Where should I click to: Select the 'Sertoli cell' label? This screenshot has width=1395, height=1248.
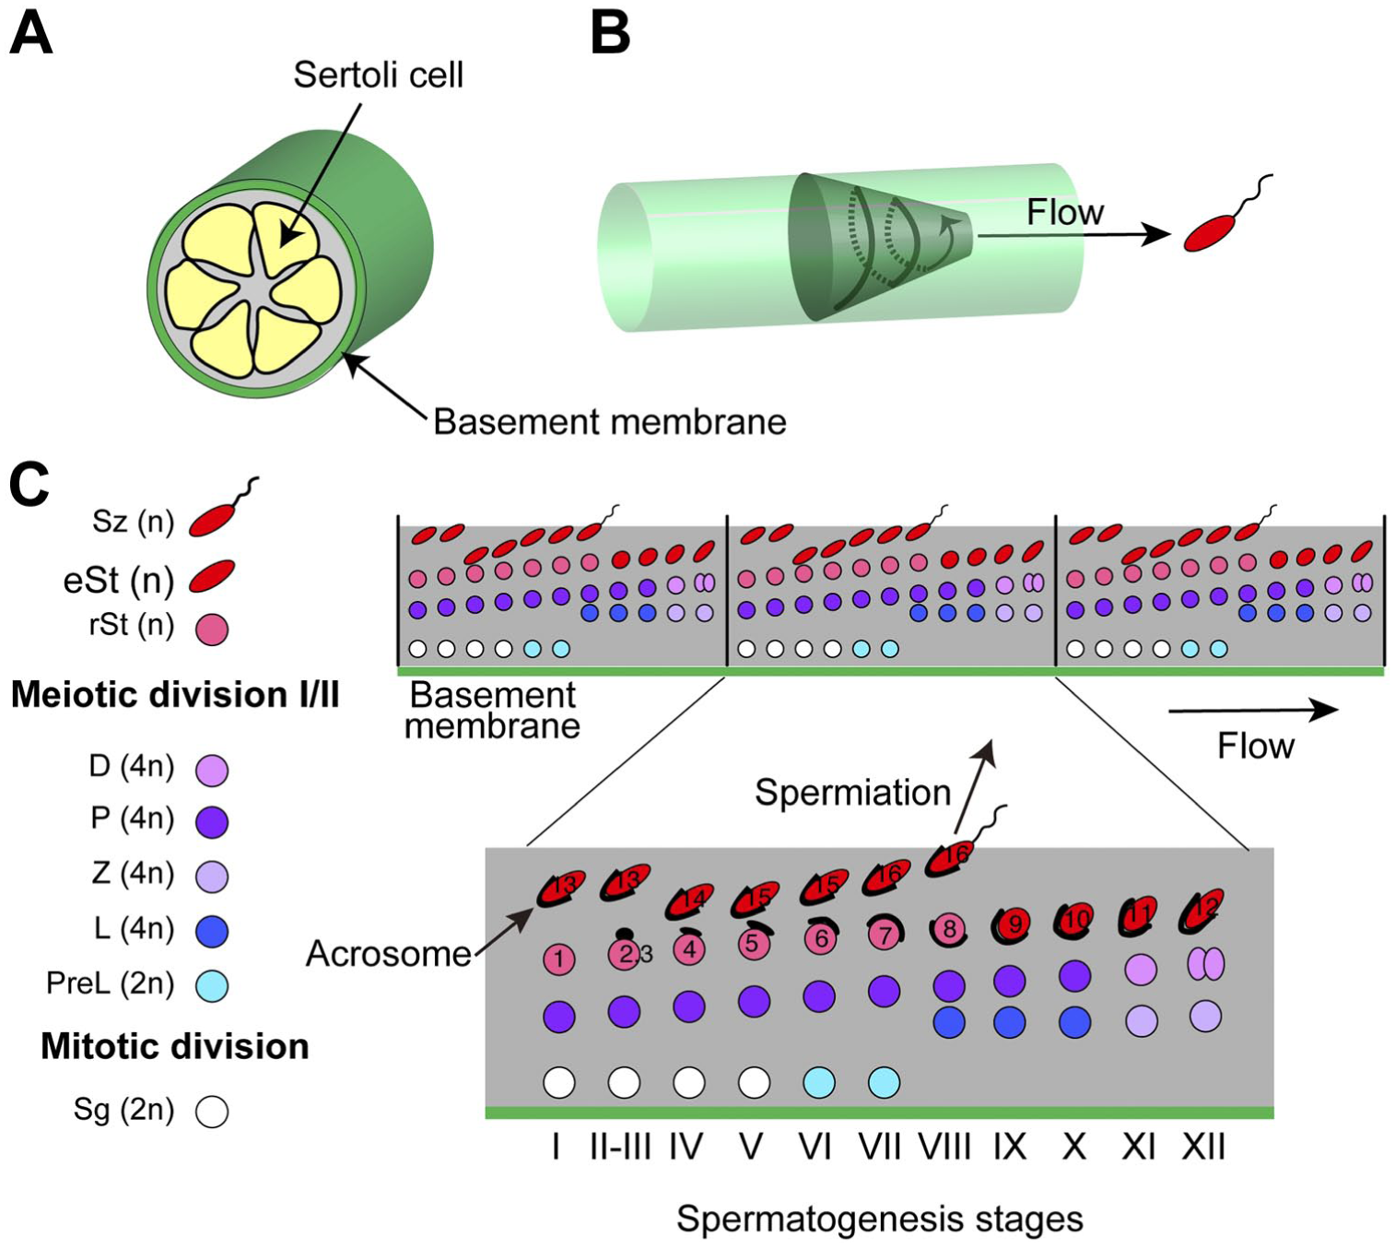click(x=379, y=75)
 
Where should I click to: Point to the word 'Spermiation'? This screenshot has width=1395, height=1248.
click(x=853, y=793)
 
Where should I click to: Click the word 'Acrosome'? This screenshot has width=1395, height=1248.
click(x=389, y=954)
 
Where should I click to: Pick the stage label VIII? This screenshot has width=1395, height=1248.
click(x=945, y=1148)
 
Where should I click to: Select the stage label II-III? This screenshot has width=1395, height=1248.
click(x=621, y=1148)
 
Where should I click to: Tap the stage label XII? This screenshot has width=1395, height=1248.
click(x=1203, y=1148)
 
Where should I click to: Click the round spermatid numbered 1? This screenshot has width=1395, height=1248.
click(x=559, y=959)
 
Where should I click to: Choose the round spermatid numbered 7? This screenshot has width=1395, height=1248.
click(x=885, y=935)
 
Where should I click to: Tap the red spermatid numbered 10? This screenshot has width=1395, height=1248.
click(x=1075, y=918)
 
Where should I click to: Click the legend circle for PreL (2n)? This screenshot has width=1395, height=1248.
click(x=212, y=985)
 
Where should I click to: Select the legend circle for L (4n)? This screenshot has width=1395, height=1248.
click(x=212, y=931)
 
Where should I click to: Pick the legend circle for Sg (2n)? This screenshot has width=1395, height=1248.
click(x=212, y=1112)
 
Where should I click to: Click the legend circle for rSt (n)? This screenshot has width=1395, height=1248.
click(x=212, y=629)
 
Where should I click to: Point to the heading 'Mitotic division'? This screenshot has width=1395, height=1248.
click(x=175, y=1046)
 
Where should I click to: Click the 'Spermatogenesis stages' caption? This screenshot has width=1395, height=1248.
click(x=880, y=1219)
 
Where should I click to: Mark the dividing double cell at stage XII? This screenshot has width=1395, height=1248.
click(x=1205, y=963)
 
